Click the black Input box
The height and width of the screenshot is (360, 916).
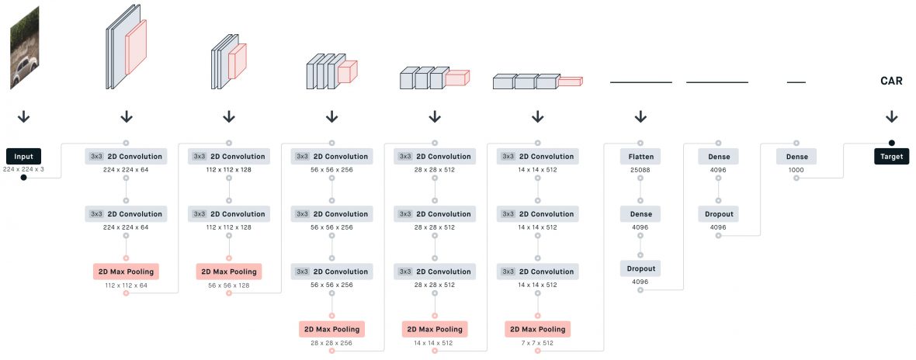point(23,156)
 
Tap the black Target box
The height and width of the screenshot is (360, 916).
point(892,156)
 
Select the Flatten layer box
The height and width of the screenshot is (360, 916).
point(640,156)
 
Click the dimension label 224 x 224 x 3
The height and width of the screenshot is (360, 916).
point(23,168)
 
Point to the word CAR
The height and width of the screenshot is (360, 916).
point(891,81)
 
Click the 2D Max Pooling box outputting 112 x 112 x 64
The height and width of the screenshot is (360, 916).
point(126,272)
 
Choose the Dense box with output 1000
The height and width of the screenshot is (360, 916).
point(796,156)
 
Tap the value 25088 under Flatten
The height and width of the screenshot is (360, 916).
point(640,168)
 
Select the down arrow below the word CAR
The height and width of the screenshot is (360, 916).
point(892,116)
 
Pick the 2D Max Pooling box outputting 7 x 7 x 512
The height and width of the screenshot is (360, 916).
point(537,329)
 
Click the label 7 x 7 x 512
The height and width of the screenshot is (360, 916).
point(537,341)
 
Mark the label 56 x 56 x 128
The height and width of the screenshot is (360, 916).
point(228,284)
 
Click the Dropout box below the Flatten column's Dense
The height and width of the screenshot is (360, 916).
point(640,268)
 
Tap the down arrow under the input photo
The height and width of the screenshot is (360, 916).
point(23,116)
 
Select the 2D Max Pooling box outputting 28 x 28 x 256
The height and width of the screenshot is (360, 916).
point(331,329)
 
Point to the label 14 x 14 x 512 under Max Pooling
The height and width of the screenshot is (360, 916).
point(434,341)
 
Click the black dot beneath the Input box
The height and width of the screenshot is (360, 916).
point(23,178)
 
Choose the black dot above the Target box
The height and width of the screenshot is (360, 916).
point(892,143)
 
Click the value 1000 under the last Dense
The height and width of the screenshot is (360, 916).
point(796,168)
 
